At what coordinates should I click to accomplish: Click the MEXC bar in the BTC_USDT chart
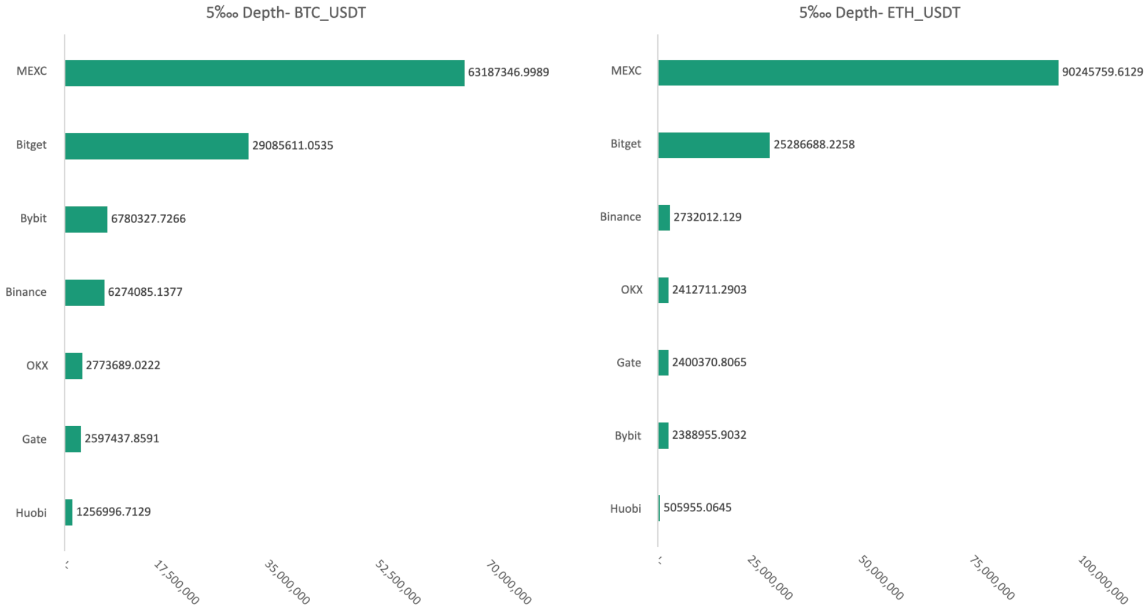[x=265, y=73]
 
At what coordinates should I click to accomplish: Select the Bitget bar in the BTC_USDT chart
[x=157, y=146]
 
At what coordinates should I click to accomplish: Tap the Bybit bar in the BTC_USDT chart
[x=86, y=219]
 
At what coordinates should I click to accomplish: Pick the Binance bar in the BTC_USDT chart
[x=85, y=293]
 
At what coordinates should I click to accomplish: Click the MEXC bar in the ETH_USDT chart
[x=858, y=72]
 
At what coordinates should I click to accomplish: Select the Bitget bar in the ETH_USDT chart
[x=714, y=145]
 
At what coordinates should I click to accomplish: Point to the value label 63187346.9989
[x=508, y=72]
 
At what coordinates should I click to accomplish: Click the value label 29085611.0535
[x=293, y=145]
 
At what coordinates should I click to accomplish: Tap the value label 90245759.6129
[x=1102, y=72]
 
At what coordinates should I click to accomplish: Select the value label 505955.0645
[x=697, y=507]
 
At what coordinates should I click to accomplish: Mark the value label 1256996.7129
[x=114, y=512]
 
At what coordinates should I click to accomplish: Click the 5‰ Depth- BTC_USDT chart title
[x=286, y=13]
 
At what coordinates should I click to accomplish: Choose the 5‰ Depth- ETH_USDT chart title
[x=879, y=13]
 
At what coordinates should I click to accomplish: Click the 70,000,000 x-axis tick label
[x=509, y=582]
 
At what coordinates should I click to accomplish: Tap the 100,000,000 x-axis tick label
[x=1103, y=580]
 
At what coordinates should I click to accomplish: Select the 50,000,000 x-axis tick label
[x=881, y=578]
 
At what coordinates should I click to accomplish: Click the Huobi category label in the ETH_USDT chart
[x=625, y=509]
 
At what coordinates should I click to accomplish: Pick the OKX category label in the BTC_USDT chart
[x=37, y=366]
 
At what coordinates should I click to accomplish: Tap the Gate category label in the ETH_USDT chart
[x=628, y=363]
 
